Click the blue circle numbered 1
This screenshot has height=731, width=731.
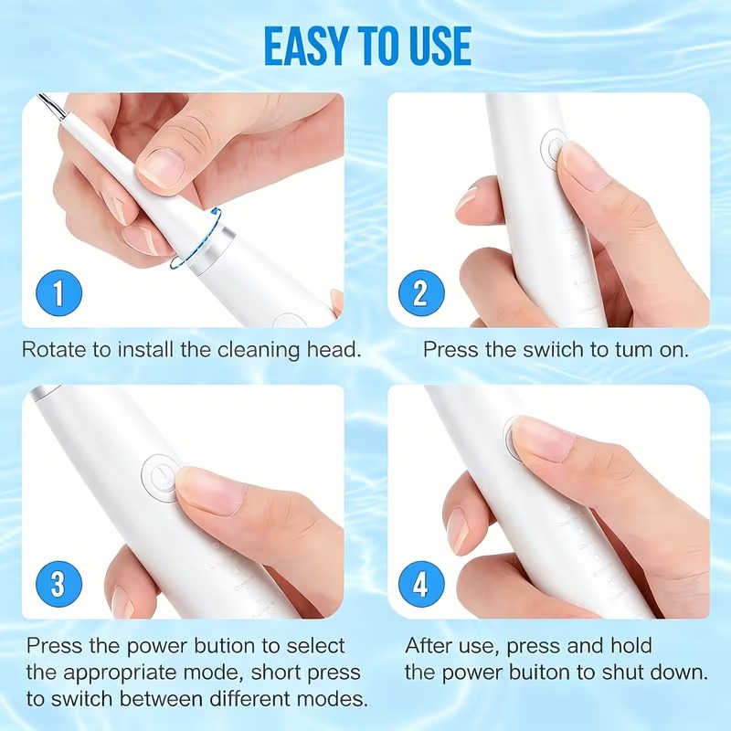pos(58,293)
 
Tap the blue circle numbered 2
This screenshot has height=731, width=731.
pos(421,293)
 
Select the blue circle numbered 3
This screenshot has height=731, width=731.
pos(58,584)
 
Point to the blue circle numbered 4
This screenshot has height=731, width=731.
pos(421,584)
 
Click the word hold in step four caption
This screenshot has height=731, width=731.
pos(631,646)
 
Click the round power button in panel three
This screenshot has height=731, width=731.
pos(159,478)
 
